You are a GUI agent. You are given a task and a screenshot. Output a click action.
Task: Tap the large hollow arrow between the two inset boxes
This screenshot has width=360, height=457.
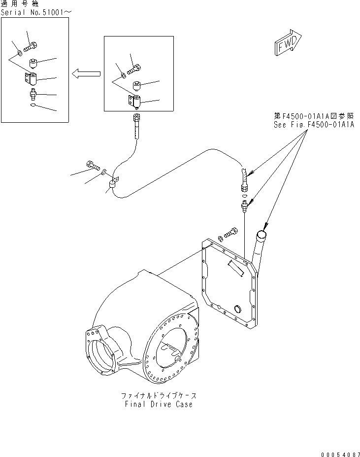[x=86, y=74]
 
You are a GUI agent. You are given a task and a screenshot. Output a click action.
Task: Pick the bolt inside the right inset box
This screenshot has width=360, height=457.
[x=134, y=70]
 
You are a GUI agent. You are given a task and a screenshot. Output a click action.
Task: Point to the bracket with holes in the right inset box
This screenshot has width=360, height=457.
[x=134, y=102]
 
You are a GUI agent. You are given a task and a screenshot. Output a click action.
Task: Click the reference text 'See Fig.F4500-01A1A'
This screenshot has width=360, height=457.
[x=314, y=125]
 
